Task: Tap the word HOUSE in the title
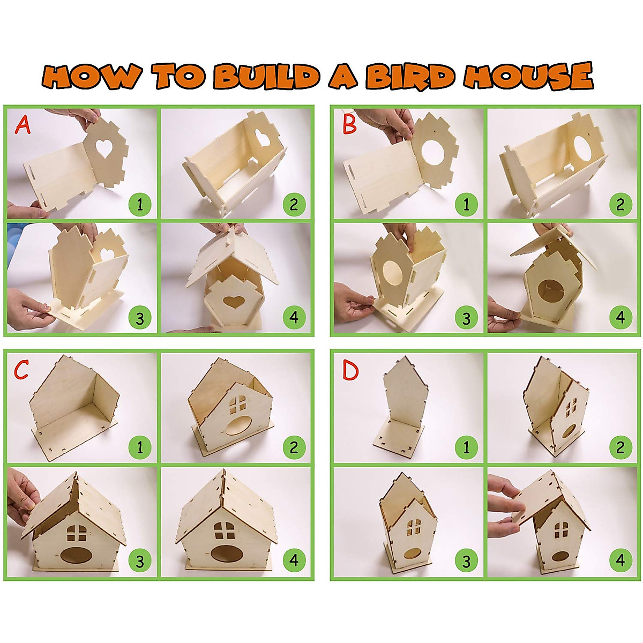tap(528, 76)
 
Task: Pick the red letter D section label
tap(350, 371)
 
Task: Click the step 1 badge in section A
tap(140, 205)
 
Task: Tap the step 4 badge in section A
tap(294, 318)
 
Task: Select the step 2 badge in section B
tap(620, 205)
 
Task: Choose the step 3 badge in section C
tap(140, 561)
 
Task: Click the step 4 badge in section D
tap(620, 561)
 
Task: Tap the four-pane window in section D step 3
tap(413, 527)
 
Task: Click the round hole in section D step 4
tap(561, 557)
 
